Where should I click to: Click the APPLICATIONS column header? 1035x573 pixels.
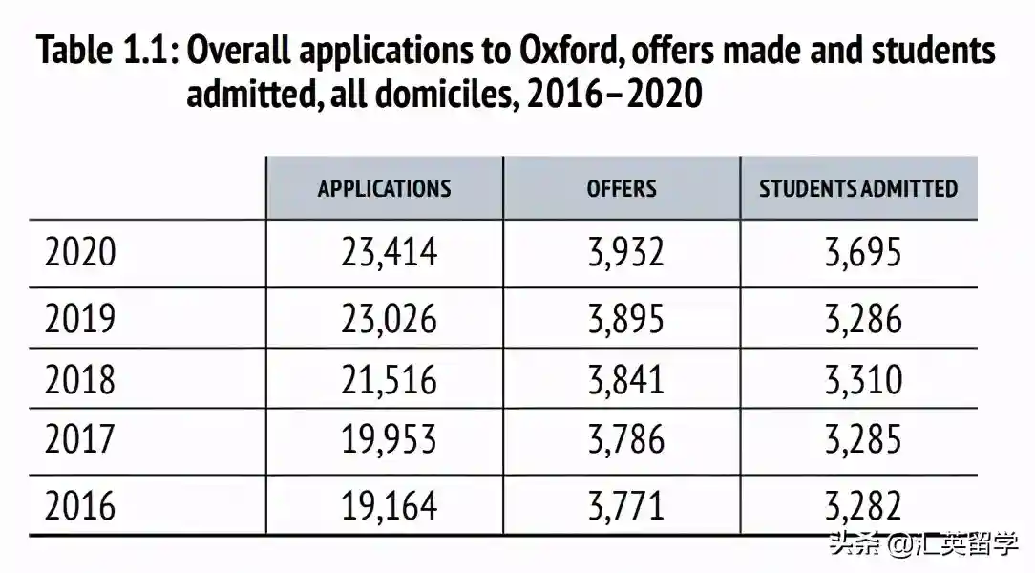(384, 188)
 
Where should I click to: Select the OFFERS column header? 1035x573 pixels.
(622, 188)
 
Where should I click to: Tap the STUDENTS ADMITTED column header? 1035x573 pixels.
(858, 188)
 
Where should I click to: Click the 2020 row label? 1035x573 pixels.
(80, 252)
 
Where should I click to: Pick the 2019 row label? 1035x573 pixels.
(80, 317)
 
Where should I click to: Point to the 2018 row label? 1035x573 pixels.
(80, 379)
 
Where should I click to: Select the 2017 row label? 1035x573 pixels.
(80, 440)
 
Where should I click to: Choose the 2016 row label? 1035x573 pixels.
(80, 504)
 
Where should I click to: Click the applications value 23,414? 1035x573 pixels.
(389, 252)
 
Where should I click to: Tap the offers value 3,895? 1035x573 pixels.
(625, 317)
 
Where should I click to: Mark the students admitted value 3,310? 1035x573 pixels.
(863, 379)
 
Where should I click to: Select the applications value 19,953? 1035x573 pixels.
(389, 440)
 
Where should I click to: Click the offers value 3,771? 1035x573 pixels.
(625, 504)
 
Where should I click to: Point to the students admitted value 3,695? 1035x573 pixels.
(863, 252)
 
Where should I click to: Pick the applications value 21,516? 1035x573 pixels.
(389, 379)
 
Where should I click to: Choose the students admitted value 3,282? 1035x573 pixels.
(863, 504)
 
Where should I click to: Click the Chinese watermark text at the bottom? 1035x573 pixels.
(924, 544)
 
